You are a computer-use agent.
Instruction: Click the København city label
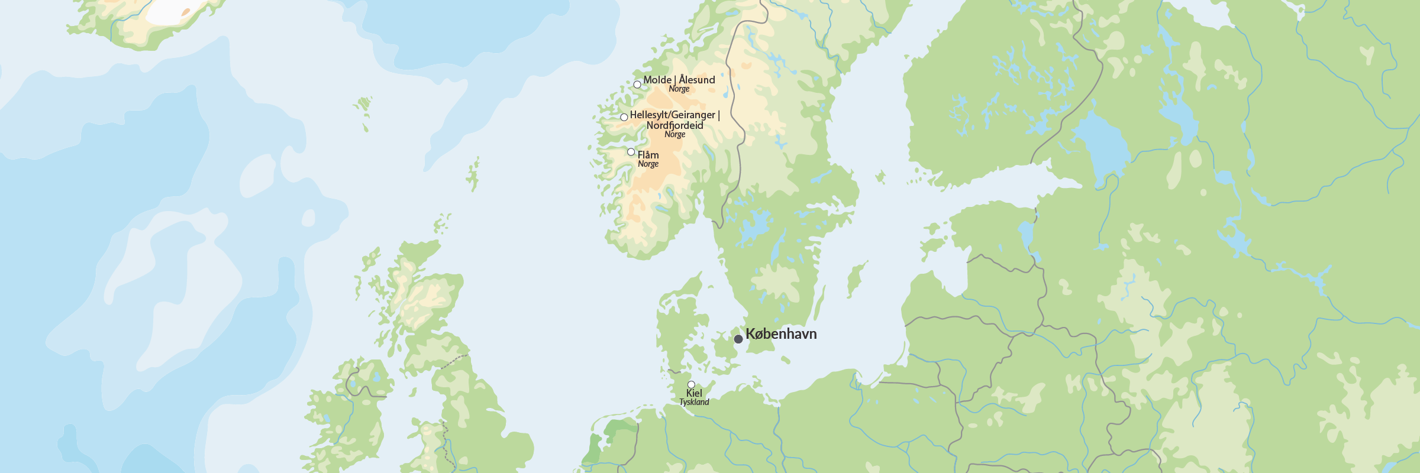click(x=781, y=334)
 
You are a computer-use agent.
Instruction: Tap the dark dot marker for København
click(x=738, y=339)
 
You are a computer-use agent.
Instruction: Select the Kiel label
click(x=694, y=393)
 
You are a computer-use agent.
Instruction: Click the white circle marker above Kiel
click(x=691, y=384)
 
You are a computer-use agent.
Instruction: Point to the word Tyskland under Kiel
click(x=694, y=402)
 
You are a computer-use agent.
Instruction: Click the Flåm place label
click(x=648, y=155)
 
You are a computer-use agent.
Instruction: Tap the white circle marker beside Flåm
click(x=631, y=152)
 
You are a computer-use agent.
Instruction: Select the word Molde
click(x=657, y=80)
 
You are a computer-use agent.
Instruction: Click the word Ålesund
click(x=697, y=80)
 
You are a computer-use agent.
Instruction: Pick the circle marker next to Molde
click(x=637, y=85)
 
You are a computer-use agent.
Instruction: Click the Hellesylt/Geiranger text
click(x=672, y=115)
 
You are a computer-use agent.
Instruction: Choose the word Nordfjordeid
click(x=674, y=125)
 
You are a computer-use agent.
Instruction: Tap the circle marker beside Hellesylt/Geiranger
click(x=624, y=117)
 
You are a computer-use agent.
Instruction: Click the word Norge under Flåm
click(x=648, y=164)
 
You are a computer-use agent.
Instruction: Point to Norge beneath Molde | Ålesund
click(x=679, y=89)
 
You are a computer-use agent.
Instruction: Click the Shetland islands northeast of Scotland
click(x=473, y=174)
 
